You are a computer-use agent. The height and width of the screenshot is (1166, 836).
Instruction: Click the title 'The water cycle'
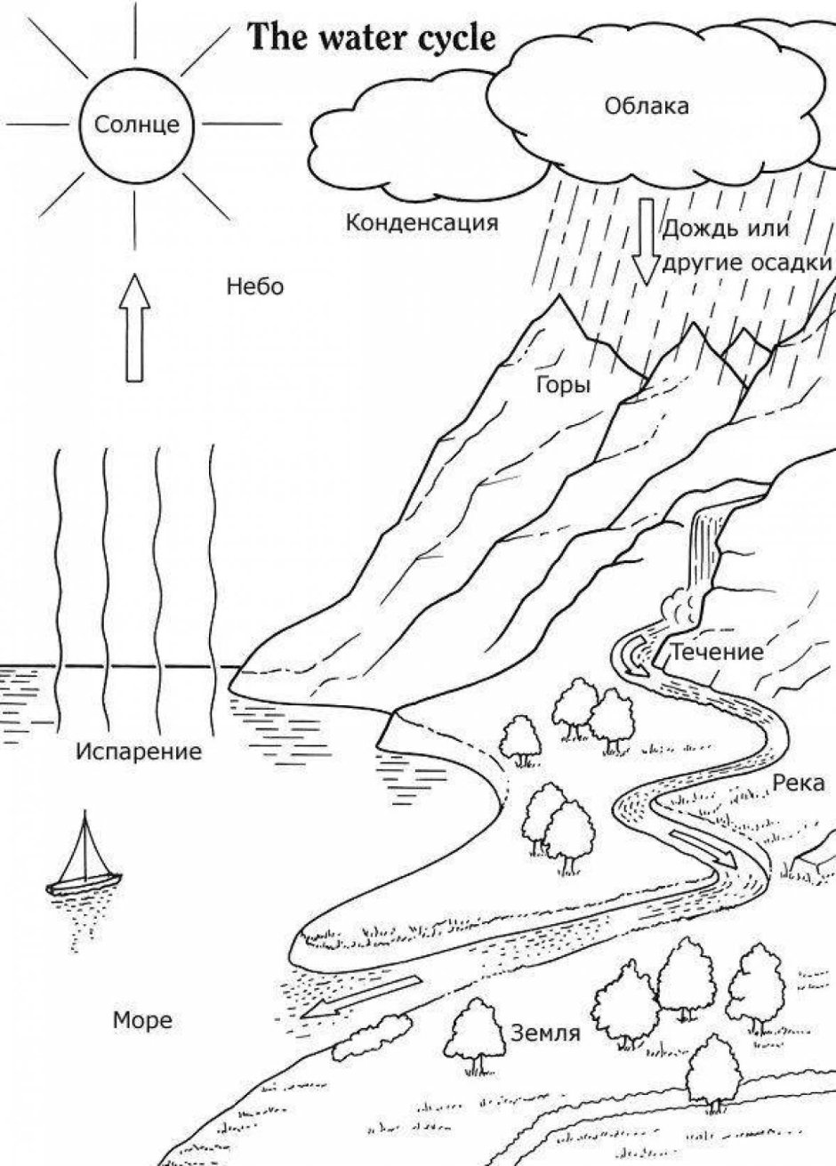(371, 40)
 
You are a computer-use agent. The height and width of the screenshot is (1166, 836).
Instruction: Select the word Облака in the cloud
(647, 107)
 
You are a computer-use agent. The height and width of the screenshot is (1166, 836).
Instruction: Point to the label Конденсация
(422, 222)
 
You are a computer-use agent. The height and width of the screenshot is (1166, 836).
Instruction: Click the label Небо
(254, 286)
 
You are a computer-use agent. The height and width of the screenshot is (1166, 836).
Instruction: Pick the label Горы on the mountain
(564, 384)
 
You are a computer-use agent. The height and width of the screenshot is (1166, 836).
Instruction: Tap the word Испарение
(139, 752)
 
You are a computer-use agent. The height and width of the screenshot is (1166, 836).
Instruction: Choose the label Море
(142, 1019)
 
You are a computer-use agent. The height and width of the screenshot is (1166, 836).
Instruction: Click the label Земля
(545, 1033)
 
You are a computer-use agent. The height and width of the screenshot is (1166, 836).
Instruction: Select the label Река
(799, 784)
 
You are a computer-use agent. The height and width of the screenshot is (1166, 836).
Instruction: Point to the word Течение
(717, 652)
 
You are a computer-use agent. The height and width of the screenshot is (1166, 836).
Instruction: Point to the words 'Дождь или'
(726, 229)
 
